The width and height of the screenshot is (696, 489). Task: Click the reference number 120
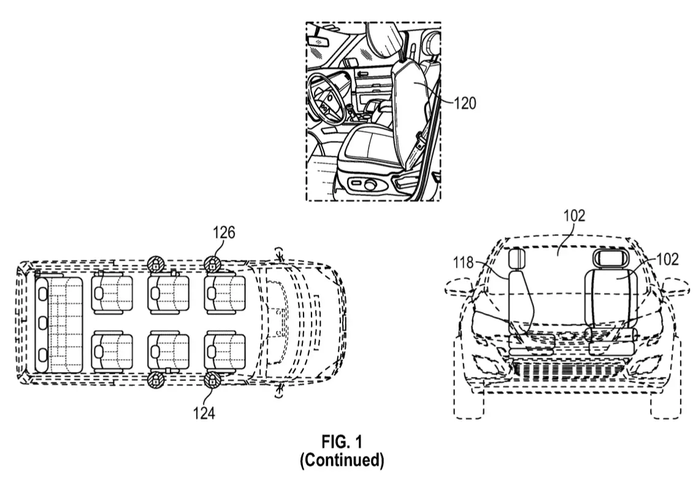[465, 104]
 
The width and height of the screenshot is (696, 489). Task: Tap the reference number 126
[224, 232]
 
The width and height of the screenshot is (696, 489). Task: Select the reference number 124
[204, 413]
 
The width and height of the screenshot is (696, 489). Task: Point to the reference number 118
[464, 263]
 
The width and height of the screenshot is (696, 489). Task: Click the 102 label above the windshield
[575, 216]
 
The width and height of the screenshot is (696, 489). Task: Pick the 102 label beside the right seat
[668, 259]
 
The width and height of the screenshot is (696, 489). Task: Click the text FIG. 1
[342, 442]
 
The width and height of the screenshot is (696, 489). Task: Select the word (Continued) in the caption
[342, 460]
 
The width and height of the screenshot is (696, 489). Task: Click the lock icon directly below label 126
[213, 265]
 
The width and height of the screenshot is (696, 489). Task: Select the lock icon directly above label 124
[213, 381]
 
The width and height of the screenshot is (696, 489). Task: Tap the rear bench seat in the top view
[59, 325]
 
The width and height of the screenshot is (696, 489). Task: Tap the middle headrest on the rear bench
[42, 323]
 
